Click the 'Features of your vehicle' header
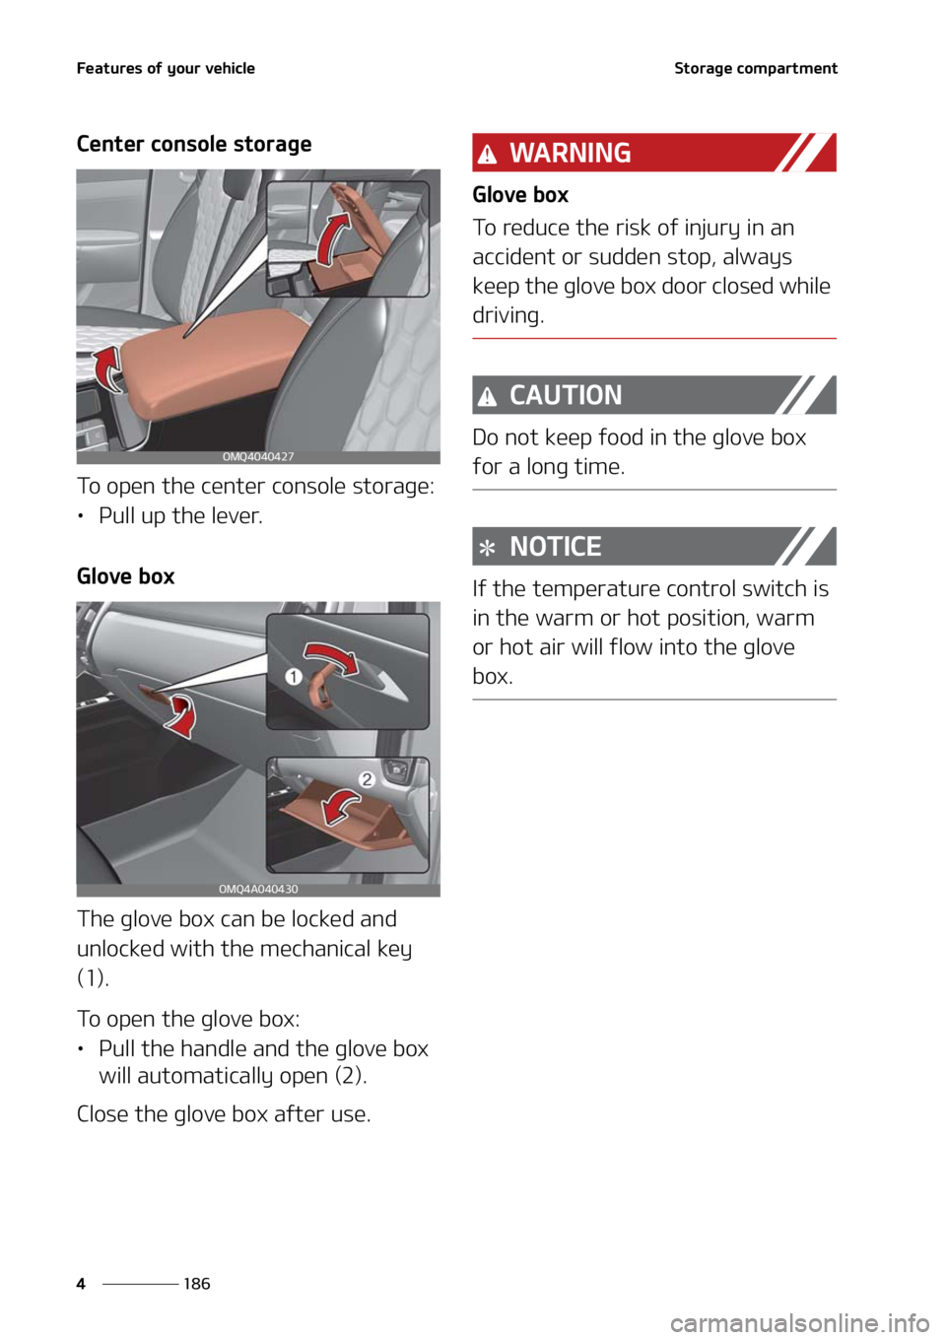pyautogui.click(x=166, y=68)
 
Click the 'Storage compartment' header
pyautogui.click(x=756, y=68)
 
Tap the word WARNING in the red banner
pyautogui.click(x=570, y=153)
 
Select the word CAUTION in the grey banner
pyautogui.click(x=566, y=395)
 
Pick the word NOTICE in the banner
pyautogui.click(x=555, y=547)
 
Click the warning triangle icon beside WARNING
pyautogui.click(x=487, y=155)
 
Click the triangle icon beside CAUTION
pyautogui.click(x=487, y=397)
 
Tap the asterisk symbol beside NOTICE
pyautogui.click(x=487, y=548)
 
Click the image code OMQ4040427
pyautogui.click(x=258, y=457)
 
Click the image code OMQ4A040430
pyautogui.click(x=258, y=889)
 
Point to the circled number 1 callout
pyautogui.click(x=294, y=677)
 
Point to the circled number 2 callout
pyautogui.click(x=367, y=779)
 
